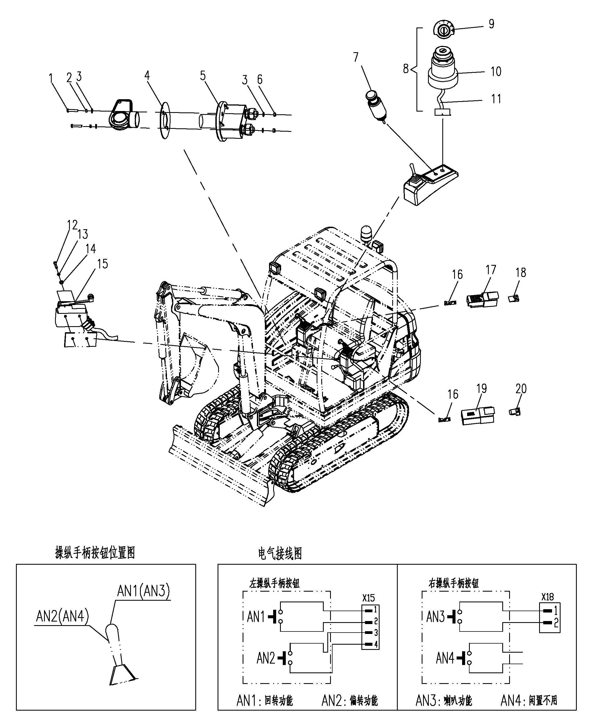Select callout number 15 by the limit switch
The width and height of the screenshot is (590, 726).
pos(103,264)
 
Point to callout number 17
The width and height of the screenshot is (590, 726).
pos(491,270)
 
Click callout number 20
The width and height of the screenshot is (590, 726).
pos(521,389)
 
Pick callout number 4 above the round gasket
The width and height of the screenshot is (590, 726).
pos(147,75)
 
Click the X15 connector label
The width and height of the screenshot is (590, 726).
pos(369,598)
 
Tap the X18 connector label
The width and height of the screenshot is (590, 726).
pos(548,597)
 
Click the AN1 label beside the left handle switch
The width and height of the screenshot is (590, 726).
pos(256,617)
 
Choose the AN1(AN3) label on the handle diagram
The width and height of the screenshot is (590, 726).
pos(143,591)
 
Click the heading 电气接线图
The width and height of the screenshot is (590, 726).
pos(280,553)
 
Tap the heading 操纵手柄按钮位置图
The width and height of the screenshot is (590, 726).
pos(95,553)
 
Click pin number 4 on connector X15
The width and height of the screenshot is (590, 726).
pos(376,644)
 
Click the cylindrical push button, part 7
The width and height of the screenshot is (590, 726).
pos(376,106)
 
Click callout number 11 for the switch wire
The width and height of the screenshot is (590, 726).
pos(496,99)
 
